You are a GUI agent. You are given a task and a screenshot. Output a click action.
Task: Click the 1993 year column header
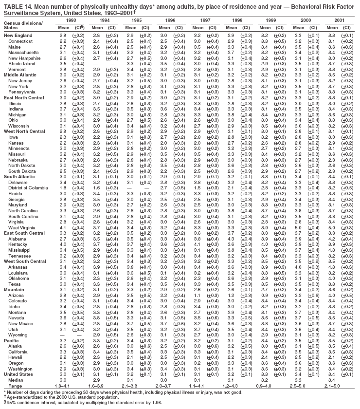[71, 21]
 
